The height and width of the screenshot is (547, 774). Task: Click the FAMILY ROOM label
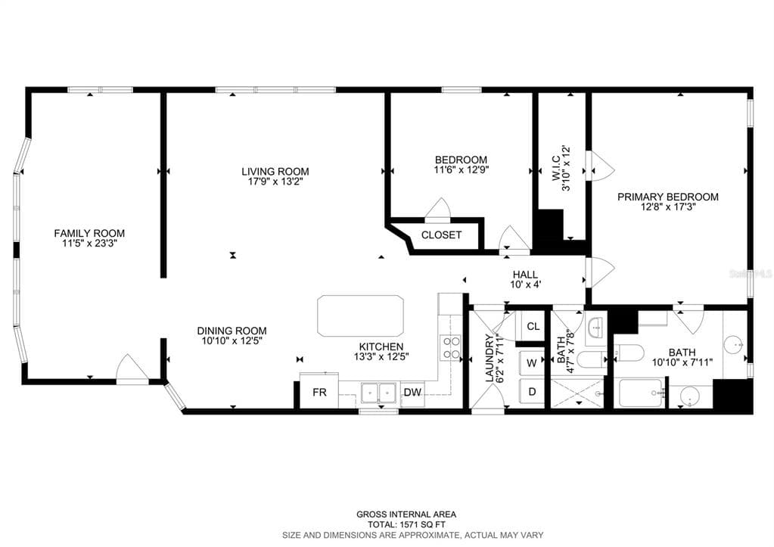coord(89,233)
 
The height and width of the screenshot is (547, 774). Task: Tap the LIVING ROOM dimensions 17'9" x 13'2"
coord(275,182)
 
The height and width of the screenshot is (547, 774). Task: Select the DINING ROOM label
coord(232,331)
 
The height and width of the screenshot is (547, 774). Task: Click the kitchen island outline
coord(360,316)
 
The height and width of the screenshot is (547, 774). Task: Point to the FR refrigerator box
coord(319,391)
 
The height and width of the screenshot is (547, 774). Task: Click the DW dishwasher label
coord(412,393)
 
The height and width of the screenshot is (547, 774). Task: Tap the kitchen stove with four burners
coord(450,347)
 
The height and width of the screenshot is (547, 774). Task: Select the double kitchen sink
coord(378,393)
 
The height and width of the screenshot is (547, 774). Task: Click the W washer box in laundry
coord(532,363)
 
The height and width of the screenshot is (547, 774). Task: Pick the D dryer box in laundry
coord(532,392)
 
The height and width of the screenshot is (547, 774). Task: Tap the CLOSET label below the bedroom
coord(441,235)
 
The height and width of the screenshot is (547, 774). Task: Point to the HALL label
coord(525,275)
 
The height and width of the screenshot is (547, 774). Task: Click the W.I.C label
coord(556,169)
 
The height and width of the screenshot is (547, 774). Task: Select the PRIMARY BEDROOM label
coord(668,197)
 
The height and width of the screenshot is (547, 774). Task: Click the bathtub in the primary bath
coord(641,393)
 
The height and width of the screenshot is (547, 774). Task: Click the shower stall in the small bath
coord(577,393)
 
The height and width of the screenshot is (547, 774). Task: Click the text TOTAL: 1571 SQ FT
coord(407,524)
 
